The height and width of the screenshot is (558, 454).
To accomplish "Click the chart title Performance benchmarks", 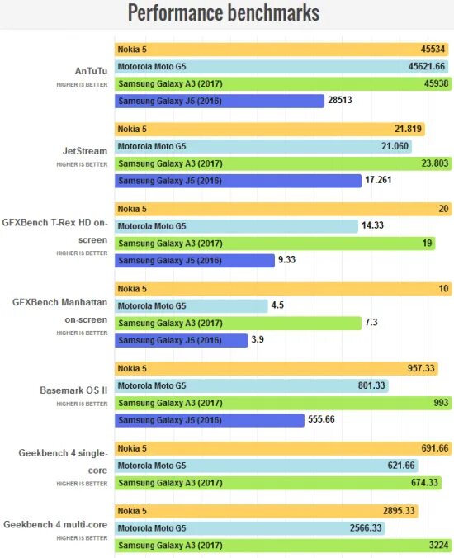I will (x=223, y=14).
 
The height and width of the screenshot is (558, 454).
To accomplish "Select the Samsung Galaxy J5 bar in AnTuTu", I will (x=219, y=101).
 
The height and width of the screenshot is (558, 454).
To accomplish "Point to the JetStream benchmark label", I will (x=86, y=151).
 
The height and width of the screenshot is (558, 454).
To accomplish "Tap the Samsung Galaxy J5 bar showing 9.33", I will (x=195, y=261).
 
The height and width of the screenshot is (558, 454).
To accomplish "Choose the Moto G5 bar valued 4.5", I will (x=192, y=306).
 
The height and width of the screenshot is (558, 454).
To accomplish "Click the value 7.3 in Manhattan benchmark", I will (x=371, y=323).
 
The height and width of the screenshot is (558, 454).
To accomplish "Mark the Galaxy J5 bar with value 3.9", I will (x=182, y=340).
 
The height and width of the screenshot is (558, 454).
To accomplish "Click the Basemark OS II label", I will (x=73, y=390).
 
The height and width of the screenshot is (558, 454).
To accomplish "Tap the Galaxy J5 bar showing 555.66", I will (x=210, y=420).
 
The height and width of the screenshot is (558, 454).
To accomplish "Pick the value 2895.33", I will (x=397, y=512).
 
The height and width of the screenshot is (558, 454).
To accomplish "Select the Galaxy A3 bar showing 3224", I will (x=281, y=546).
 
